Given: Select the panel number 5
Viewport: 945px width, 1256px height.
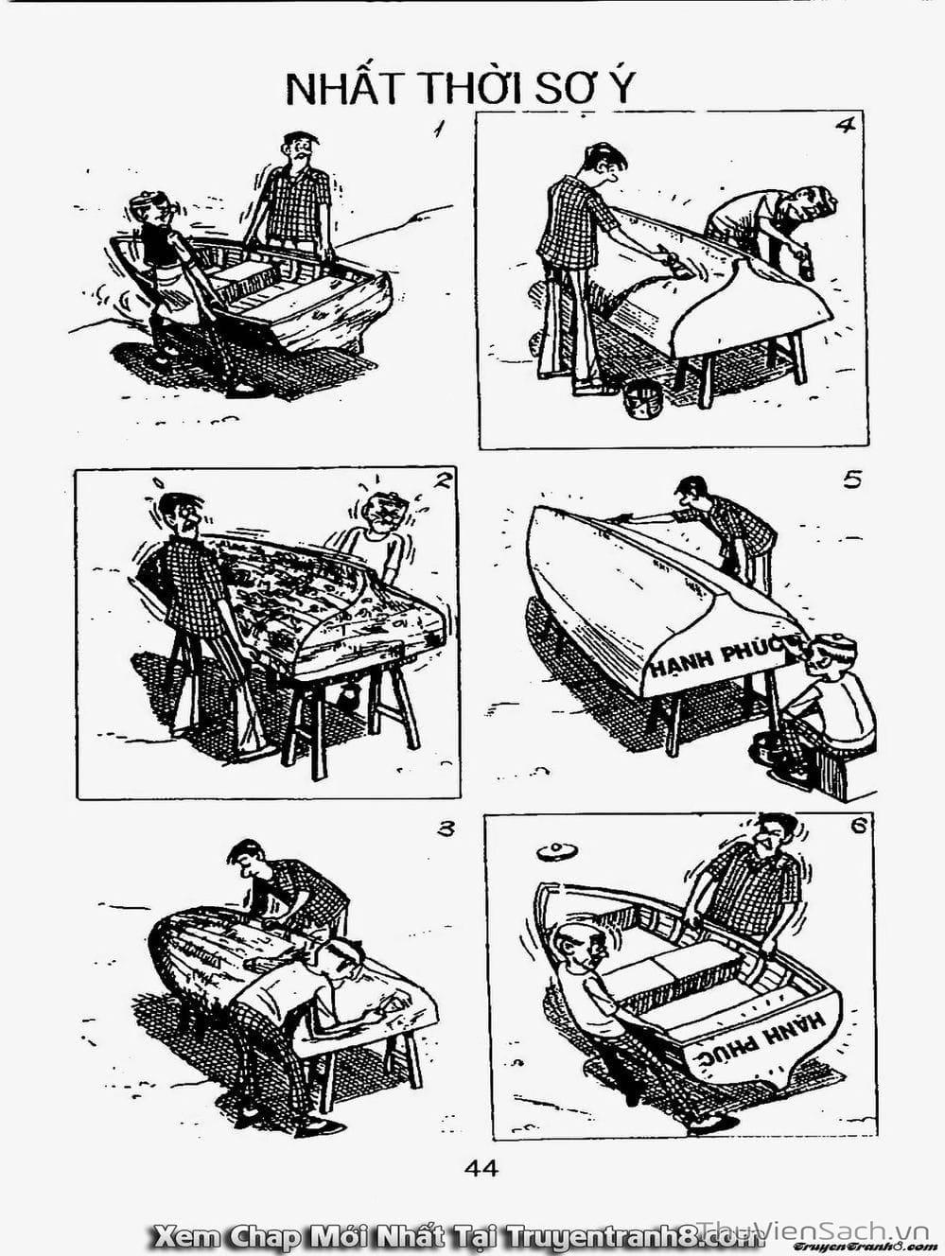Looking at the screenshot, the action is pyautogui.click(x=851, y=480).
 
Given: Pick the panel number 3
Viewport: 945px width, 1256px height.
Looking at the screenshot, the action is pyautogui.click(x=446, y=829).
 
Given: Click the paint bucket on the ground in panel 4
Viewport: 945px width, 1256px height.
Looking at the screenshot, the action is pyautogui.click(x=643, y=399).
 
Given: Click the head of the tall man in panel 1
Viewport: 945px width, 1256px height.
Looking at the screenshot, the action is pyautogui.click(x=298, y=150).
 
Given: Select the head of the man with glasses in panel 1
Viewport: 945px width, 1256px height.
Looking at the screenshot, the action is pyautogui.click(x=152, y=210).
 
